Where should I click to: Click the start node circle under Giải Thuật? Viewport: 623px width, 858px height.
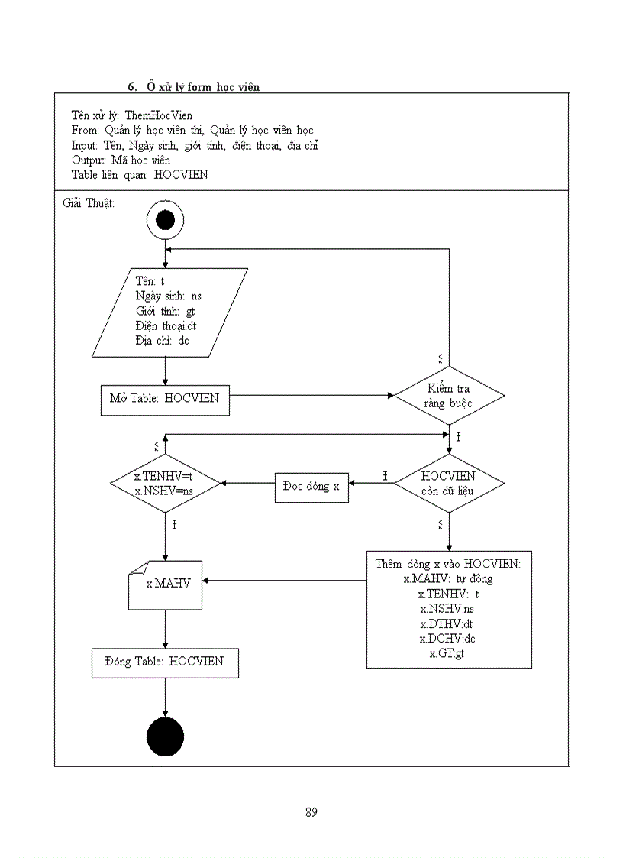pyautogui.click(x=165, y=221)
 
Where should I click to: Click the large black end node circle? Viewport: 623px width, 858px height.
pyautogui.click(x=165, y=737)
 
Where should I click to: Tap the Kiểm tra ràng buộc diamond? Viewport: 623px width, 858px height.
pyautogui.click(x=449, y=396)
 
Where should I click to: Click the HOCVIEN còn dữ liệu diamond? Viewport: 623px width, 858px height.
pyautogui.click(x=449, y=483)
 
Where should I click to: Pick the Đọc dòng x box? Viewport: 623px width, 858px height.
pyautogui.click(x=311, y=486)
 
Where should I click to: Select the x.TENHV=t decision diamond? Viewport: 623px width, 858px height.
pyautogui.click(x=165, y=483)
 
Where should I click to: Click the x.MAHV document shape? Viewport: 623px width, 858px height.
pyautogui.click(x=165, y=584)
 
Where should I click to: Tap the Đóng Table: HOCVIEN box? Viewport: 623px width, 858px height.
pyautogui.click(x=165, y=662)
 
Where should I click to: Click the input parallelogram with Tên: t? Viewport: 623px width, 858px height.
pyautogui.click(x=169, y=312)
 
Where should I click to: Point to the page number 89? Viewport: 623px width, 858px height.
pyautogui.click(x=311, y=812)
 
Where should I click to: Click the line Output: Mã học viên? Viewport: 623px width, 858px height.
pyautogui.click(x=121, y=160)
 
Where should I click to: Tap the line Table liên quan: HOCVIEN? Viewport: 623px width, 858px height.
pyautogui.click(x=139, y=174)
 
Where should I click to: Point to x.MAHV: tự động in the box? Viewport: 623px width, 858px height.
pyautogui.click(x=448, y=578)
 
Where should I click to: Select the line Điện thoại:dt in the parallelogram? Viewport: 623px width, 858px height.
pyautogui.click(x=166, y=325)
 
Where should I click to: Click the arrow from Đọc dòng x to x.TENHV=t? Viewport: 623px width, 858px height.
pyautogui.click(x=248, y=483)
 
